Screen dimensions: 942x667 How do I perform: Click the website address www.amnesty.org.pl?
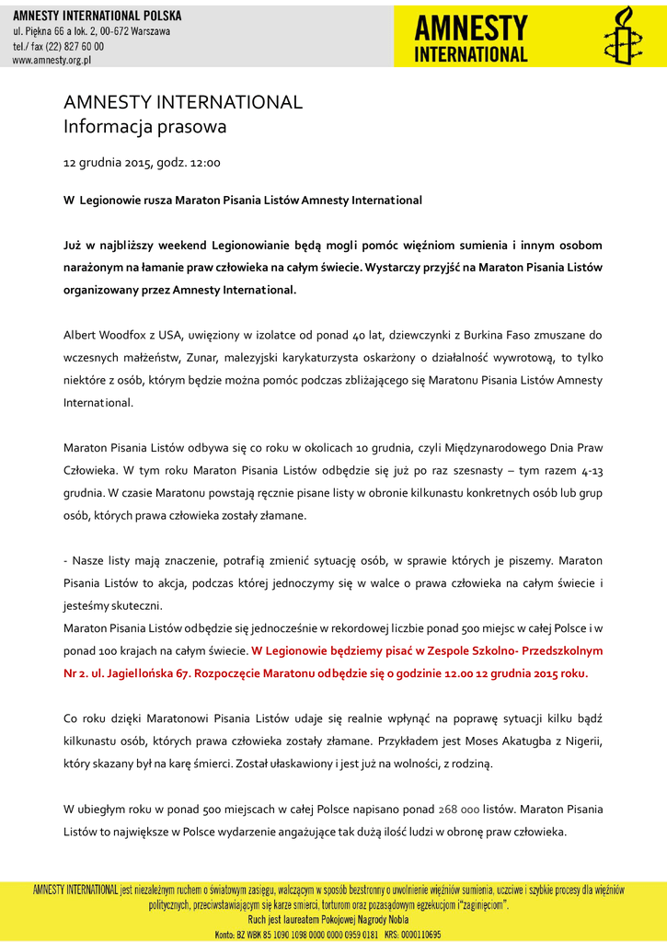pyautogui.click(x=52, y=60)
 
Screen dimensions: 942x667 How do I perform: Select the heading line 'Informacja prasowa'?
pyautogui.click(x=144, y=127)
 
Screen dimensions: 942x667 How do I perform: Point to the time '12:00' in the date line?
pyautogui.click(x=205, y=163)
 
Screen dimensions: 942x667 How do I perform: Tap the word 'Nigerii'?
pyautogui.click(x=579, y=741)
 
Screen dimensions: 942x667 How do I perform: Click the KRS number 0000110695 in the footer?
pyautogui.click(x=415, y=934)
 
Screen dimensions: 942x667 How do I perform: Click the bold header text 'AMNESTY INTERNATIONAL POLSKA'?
pyautogui.click(x=97, y=16)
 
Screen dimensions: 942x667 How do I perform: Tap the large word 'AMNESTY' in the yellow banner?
pyautogui.click(x=470, y=27)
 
